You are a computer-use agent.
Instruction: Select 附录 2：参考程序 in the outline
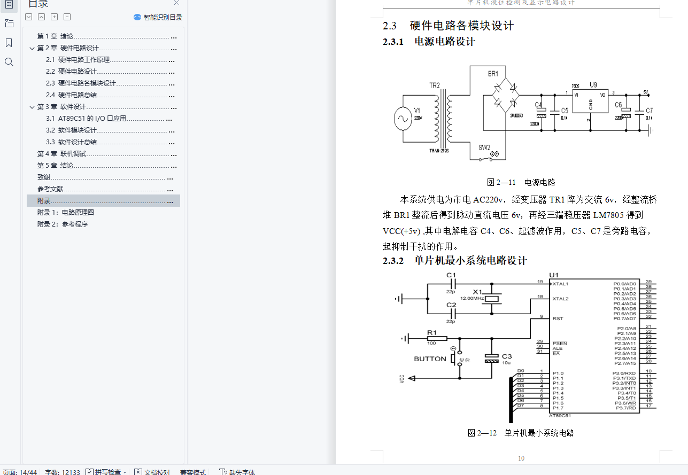[x=63, y=224]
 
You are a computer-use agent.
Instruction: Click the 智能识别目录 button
[x=158, y=17]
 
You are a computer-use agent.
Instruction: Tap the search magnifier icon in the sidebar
[x=9, y=63]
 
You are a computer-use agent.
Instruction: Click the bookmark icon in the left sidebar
[x=9, y=43]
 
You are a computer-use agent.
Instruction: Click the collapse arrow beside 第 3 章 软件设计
[x=32, y=107]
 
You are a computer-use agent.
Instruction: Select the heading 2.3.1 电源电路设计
[x=429, y=42]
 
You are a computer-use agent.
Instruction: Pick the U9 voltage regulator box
[x=590, y=102]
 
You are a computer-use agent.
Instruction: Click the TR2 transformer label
[x=435, y=85]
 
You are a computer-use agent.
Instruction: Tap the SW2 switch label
[x=484, y=147]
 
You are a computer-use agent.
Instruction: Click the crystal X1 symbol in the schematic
[x=492, y=299]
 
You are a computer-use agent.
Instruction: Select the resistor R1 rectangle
[x=437, y=338]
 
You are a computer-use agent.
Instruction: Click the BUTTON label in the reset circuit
[x=430, y=359]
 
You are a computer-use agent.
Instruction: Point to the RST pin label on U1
[x=558, y=318]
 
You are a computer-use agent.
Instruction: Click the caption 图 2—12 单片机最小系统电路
[x=521, y=433]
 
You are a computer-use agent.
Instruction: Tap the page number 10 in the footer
[x=521, y=458]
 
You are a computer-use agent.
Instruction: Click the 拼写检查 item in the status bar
[x=107, y=472]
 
